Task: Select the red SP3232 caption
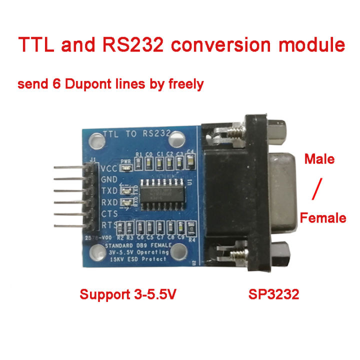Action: [x=273, y=294]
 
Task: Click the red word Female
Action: [x=322, y=217]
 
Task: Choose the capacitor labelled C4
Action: [x=190, y=159]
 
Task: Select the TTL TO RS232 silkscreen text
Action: [x=136, y=134]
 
